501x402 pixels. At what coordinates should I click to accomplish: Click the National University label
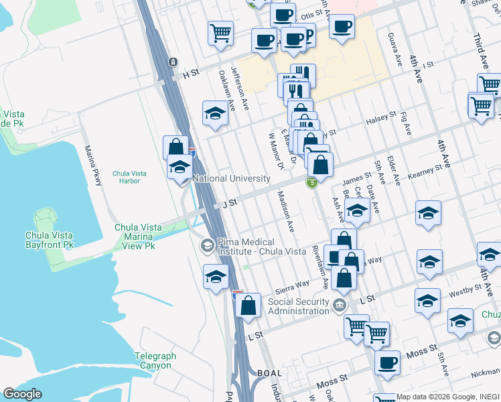click(x=231, y=179)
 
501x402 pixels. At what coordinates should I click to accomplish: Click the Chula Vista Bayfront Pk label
click(x=59, y=240)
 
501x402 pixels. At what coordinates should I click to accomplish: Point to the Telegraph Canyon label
click(x=155, y=360)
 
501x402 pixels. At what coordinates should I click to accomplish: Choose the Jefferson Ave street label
click(x=240, y=88)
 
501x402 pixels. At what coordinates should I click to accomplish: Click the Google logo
click(x=22, y=394)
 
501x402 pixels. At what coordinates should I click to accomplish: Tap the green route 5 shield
click(x=311, y=182)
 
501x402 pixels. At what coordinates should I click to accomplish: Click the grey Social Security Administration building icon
click(x=340, y=306)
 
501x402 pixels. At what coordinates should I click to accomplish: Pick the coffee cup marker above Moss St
click(x=386, y=363)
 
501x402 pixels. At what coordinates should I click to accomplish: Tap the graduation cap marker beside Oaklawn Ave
click(x=215, y=113)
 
